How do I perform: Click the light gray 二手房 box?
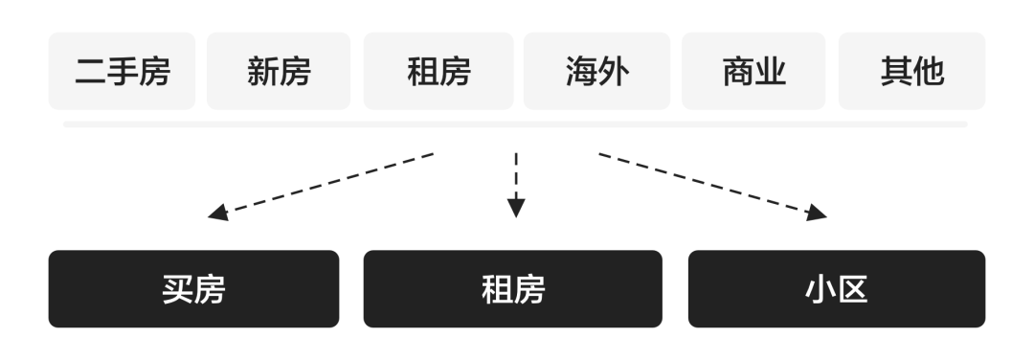point(122,71)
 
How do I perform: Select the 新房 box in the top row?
point(279,71)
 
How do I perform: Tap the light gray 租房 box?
point(438,71)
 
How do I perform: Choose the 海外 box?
point(596,71)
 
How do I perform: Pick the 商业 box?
point(753,71)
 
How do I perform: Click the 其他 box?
point(912,71)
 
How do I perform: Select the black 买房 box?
point(193,289)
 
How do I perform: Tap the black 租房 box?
point(513,289)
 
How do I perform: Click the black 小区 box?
point(837,289)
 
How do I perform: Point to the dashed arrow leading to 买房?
point(321,186)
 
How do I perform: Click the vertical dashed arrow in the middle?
point(516,185)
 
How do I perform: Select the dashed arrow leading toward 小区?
point(713,186)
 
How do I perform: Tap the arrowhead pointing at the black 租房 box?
point(516,207)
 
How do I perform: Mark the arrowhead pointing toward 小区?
point(816,213)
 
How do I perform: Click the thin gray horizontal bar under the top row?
point(515,124)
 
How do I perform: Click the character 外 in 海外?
point(614,71)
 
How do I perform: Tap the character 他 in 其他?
point(929,71)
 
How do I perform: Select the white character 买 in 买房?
point(178,289)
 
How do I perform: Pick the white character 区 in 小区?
point(853,289)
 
